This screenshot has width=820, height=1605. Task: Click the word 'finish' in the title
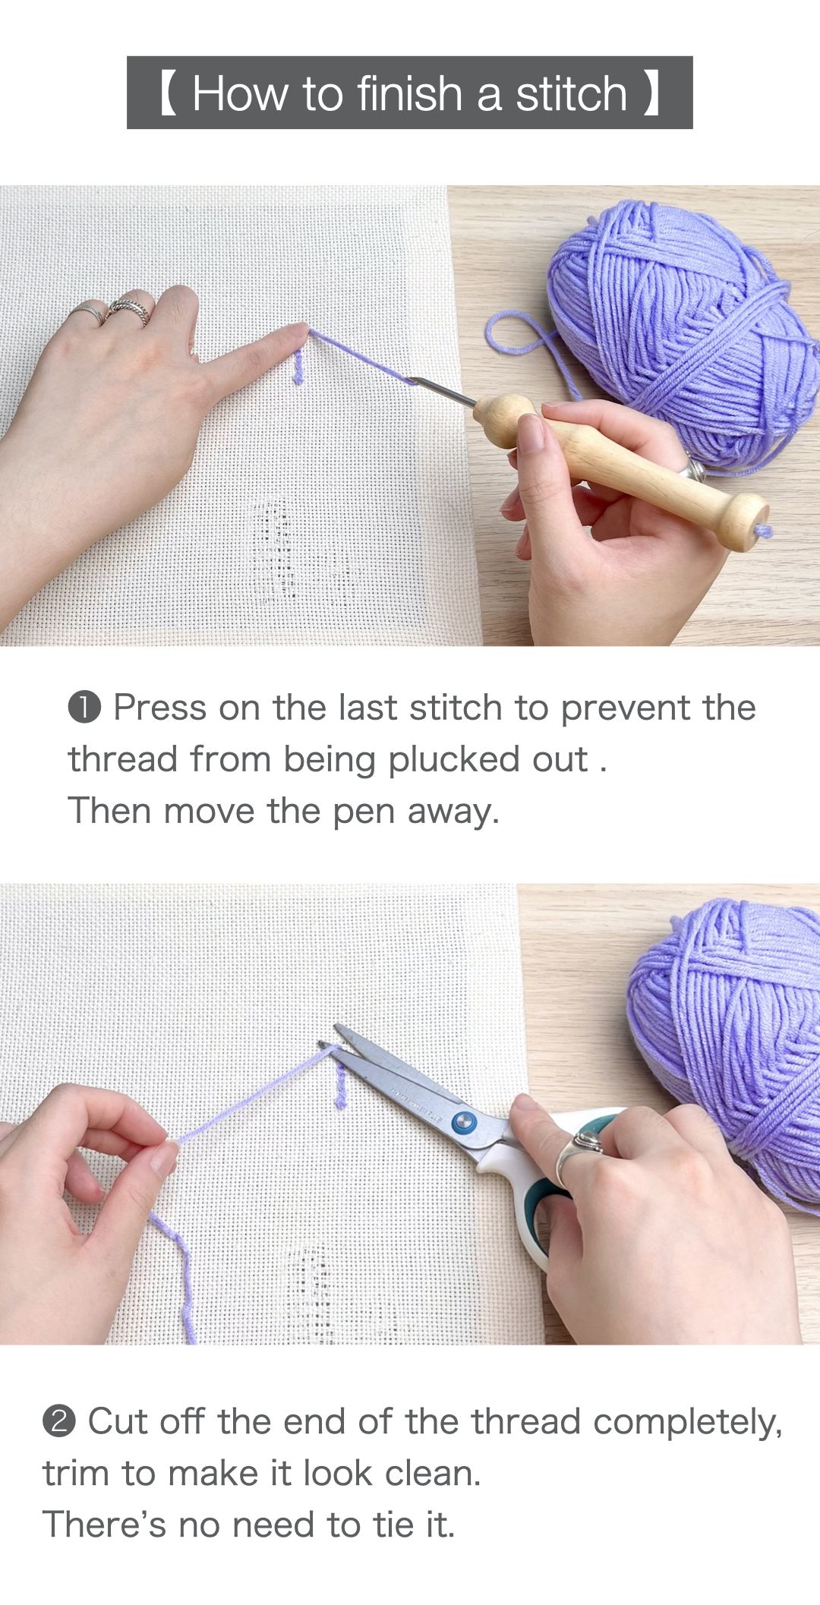409,93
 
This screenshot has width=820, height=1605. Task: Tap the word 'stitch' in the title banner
572,93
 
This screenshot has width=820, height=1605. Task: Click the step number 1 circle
84,708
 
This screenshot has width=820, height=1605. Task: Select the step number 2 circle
58,1421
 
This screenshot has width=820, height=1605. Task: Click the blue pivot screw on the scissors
462,1121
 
